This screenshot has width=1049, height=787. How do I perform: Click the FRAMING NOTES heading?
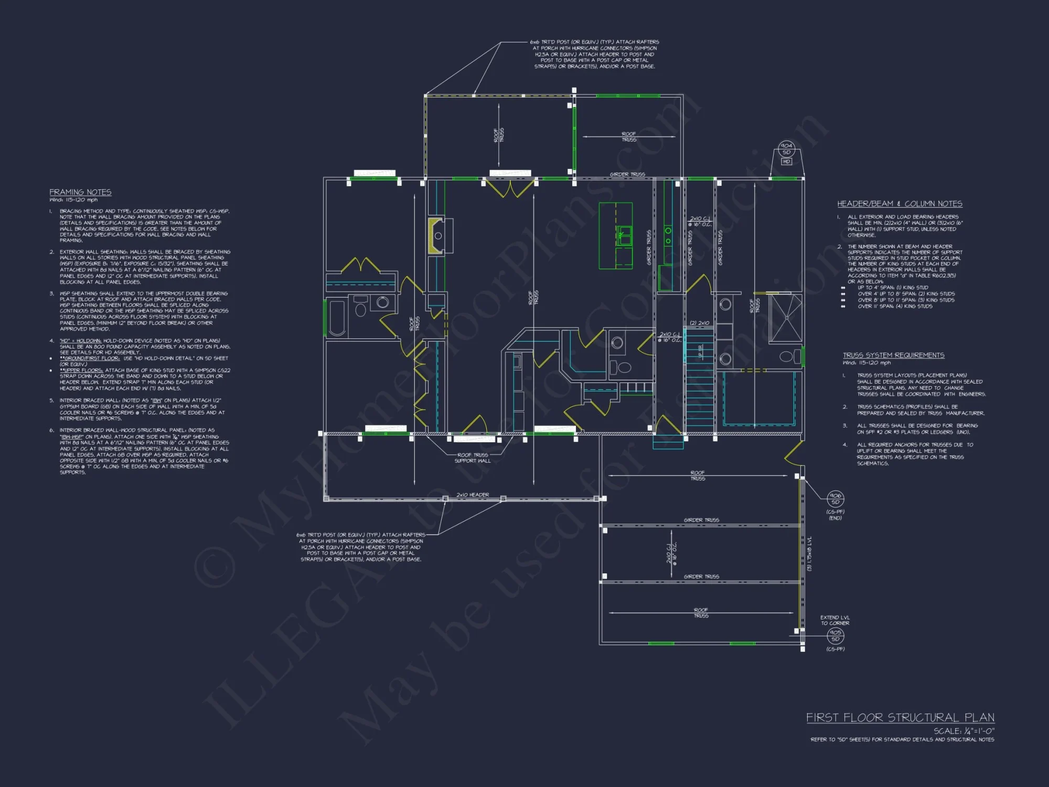point(80,192)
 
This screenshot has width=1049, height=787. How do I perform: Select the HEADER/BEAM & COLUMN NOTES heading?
point(900,204)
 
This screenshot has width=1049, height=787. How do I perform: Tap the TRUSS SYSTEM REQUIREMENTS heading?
point(893,355)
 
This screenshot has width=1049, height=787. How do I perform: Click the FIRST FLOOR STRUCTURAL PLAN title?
point(900,717)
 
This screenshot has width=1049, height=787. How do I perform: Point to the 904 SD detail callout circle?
point(786,148)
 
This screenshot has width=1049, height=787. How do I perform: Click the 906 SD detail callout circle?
point(835,498)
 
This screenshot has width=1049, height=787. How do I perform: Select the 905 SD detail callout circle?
point(835,635)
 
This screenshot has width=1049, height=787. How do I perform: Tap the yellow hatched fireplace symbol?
point(433,236)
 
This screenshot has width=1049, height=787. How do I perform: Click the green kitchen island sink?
point(624,236)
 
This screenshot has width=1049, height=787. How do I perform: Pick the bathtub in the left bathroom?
point(337,317)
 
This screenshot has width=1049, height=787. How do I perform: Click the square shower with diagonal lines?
point(785,318)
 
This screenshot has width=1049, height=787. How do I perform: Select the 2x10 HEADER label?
point(472,495)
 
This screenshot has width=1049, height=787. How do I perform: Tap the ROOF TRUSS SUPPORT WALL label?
point(473,458)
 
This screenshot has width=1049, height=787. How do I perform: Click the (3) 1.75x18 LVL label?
point(809,554)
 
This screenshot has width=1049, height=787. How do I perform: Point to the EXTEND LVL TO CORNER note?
point(834,620)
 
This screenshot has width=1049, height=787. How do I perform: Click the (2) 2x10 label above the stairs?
point(699,323)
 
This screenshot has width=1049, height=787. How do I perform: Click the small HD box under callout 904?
point(786,162)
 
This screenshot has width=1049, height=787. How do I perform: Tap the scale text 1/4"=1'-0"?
point(964,731)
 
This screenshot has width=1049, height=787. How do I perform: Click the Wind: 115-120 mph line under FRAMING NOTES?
point(73,200)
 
